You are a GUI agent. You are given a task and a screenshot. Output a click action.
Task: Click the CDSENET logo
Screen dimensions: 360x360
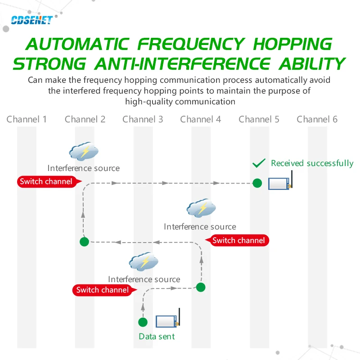(x=31, y=20)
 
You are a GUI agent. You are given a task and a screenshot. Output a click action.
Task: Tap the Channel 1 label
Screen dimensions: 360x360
(x=27, y=119)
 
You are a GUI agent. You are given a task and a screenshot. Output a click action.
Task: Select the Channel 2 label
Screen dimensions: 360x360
(x=85, y=119)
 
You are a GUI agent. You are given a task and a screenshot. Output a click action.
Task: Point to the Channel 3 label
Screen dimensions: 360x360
(x=143, y=119)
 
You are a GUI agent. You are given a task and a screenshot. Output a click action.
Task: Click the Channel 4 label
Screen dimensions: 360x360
(x=201, y=119)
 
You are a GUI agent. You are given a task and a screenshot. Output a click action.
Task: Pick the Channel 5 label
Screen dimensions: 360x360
(x=259, y=119)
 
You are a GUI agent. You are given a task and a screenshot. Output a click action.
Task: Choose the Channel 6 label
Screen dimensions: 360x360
(x=317, y=119)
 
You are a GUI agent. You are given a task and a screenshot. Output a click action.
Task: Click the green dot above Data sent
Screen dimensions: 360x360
(x=143, y=322)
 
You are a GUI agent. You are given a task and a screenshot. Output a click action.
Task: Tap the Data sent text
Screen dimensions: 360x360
(x=157, y=336)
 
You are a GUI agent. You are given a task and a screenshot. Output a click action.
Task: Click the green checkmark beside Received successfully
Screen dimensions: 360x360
(x=259, y=163)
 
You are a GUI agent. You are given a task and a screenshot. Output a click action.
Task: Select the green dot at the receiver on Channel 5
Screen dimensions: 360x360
(x=257, y=183)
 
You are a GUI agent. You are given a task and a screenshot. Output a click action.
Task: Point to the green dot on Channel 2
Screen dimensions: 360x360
(x=84, y=242)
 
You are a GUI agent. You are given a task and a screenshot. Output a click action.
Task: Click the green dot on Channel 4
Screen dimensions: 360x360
(x=201, y=287)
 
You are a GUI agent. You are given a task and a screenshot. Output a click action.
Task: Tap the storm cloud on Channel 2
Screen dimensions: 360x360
(x=84, y=152)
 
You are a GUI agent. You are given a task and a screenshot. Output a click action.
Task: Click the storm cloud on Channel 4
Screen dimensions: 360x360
(x=201, y=208)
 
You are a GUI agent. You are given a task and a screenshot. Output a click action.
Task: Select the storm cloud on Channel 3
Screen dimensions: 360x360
(x=144, y=262)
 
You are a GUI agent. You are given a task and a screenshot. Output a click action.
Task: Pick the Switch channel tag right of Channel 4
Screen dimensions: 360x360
(x=239, y=240)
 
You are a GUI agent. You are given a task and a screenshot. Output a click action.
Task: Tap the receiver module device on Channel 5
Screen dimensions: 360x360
(x=280, y=182)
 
